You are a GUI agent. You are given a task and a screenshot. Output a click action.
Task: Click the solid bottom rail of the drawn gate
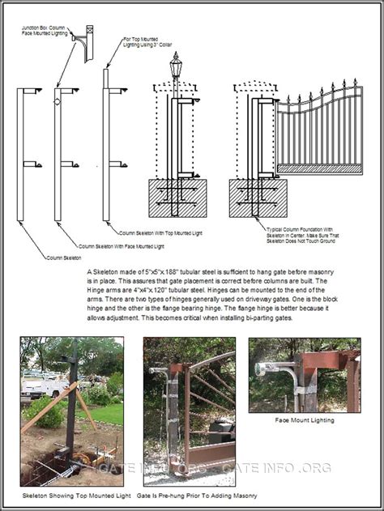(319, 169)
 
